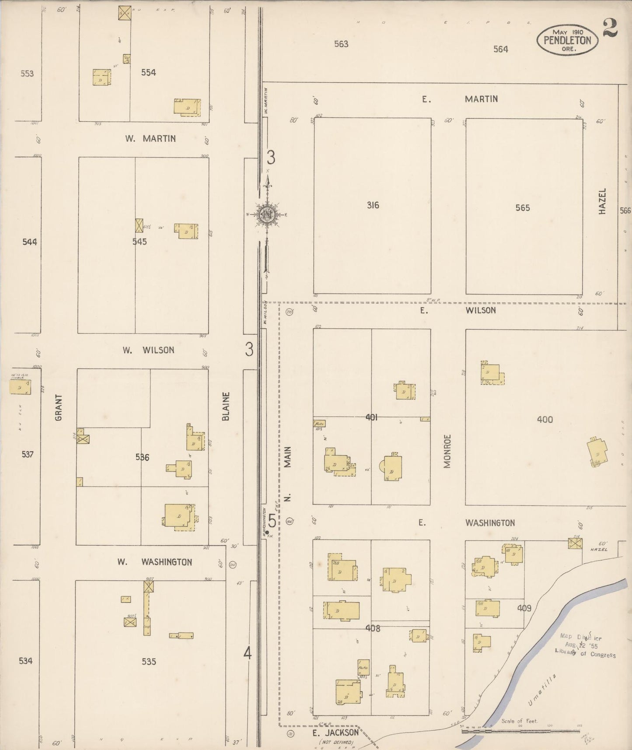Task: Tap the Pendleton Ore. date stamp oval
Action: pos(567,40)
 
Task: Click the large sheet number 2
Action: pos(609,28)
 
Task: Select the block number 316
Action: pos(373,205)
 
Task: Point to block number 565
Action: pos(523,208)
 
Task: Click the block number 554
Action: pos(148,73)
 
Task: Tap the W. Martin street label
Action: pos(150,139)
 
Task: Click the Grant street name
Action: pos(59,407)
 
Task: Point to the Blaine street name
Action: pos(226,406)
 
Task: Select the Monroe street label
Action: pos(447,451)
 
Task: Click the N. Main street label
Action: pos(287,473)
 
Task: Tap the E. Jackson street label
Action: pos(336,732)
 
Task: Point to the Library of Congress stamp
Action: pos(585,646)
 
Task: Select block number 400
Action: pos(545,420)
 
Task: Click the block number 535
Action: pos(149,662)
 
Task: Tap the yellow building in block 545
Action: pos(187,231)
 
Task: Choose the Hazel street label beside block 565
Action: pos(603,201)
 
